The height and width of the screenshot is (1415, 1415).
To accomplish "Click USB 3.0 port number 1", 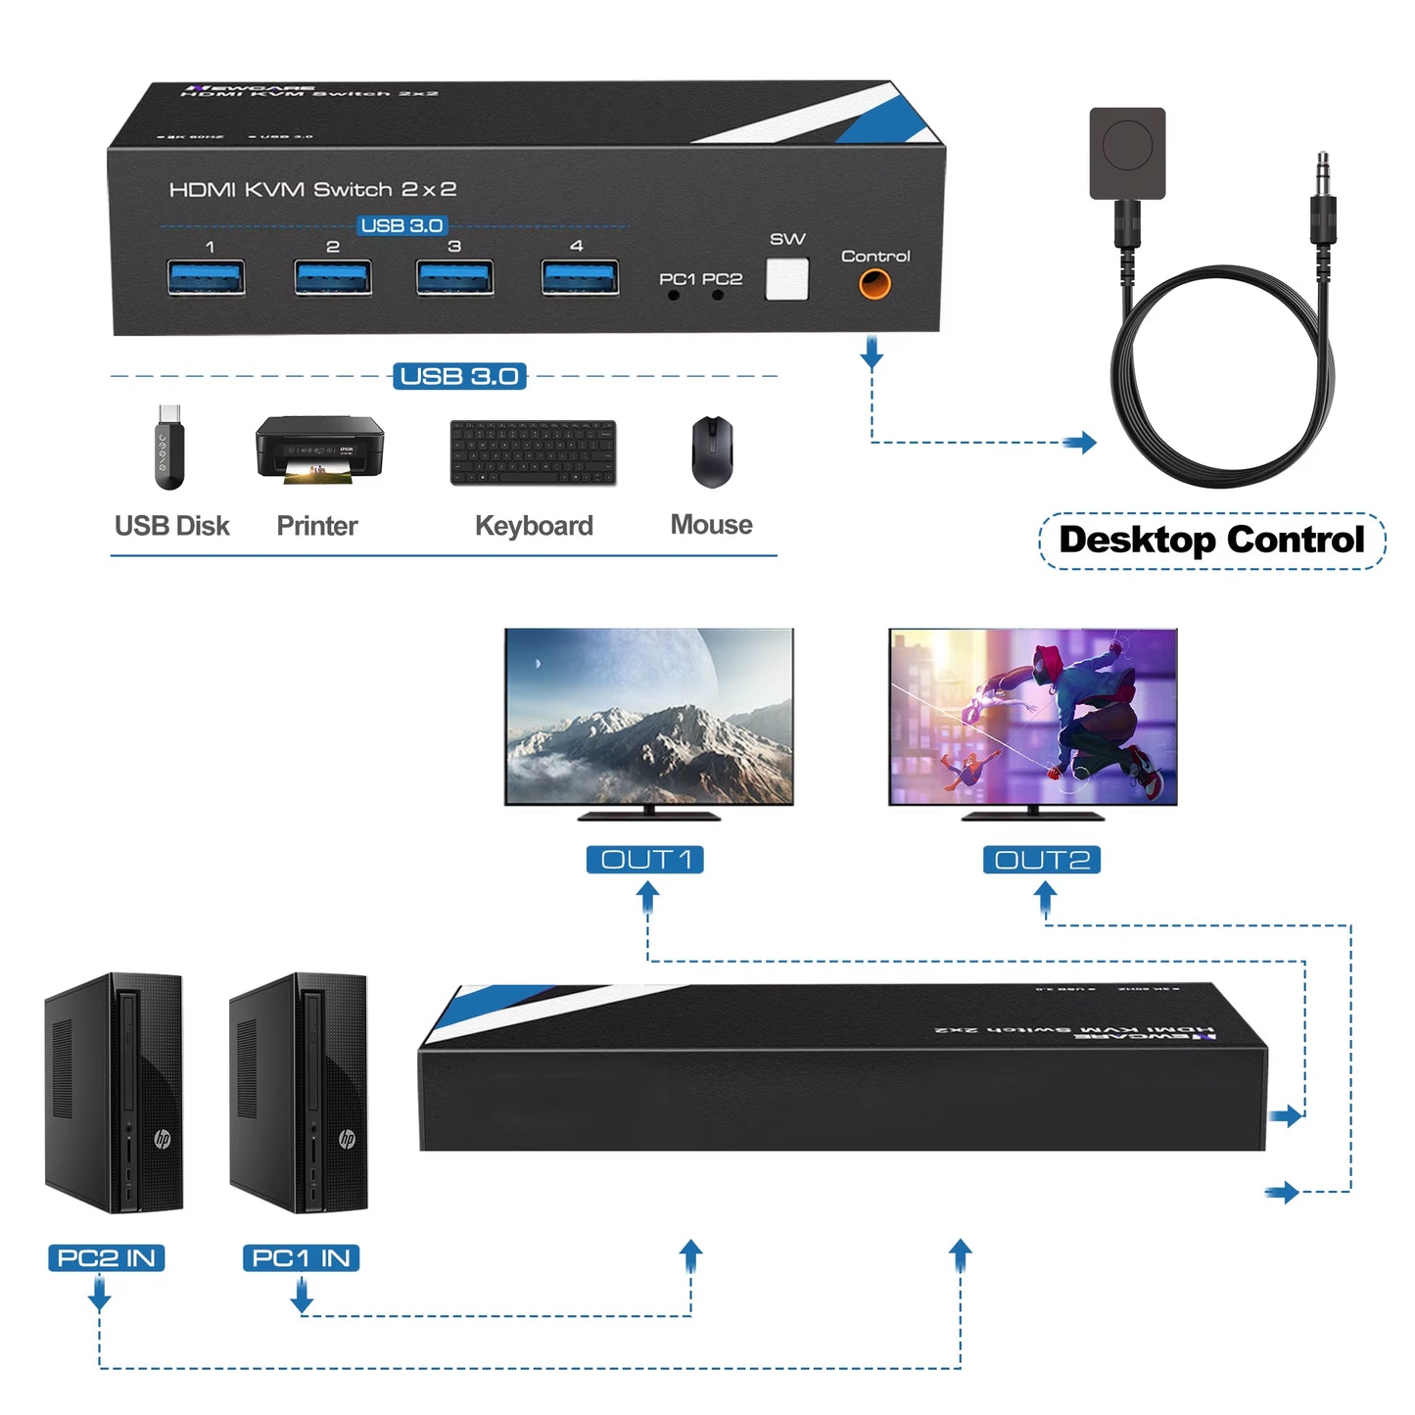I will [x=206, y=277].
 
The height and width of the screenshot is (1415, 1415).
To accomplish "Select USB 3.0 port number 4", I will [x=580, y=277].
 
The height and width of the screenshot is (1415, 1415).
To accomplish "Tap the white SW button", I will [x=786, y=279].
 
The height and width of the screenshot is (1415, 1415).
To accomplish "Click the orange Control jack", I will [x=874, y=284].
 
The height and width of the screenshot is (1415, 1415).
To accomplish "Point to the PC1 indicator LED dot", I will [x=674, y=295].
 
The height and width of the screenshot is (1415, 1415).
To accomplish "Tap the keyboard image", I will [x=534, y=452].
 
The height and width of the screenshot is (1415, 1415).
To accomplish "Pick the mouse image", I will [x=712, y=451].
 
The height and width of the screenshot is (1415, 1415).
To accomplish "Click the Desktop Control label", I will [x=1211, y=540].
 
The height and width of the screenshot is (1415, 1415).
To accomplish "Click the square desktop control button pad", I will [x=1127, y=153].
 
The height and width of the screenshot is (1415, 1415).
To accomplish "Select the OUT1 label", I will [x=645, y=860].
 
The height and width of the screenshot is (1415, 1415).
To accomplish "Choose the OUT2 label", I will [x=1042, y=860].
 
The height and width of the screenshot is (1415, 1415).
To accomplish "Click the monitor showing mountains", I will [x=648, y=717].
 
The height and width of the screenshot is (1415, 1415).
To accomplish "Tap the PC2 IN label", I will [x=107, y=1257].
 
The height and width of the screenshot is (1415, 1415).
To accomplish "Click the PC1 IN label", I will [x=301, y=1257].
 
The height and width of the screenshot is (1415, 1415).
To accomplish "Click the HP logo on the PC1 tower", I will [x=347, y=1138].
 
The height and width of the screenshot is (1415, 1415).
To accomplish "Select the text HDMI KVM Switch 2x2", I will [x=312, y=189].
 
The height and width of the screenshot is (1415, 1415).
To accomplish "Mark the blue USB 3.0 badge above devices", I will [x=459, y=376].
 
